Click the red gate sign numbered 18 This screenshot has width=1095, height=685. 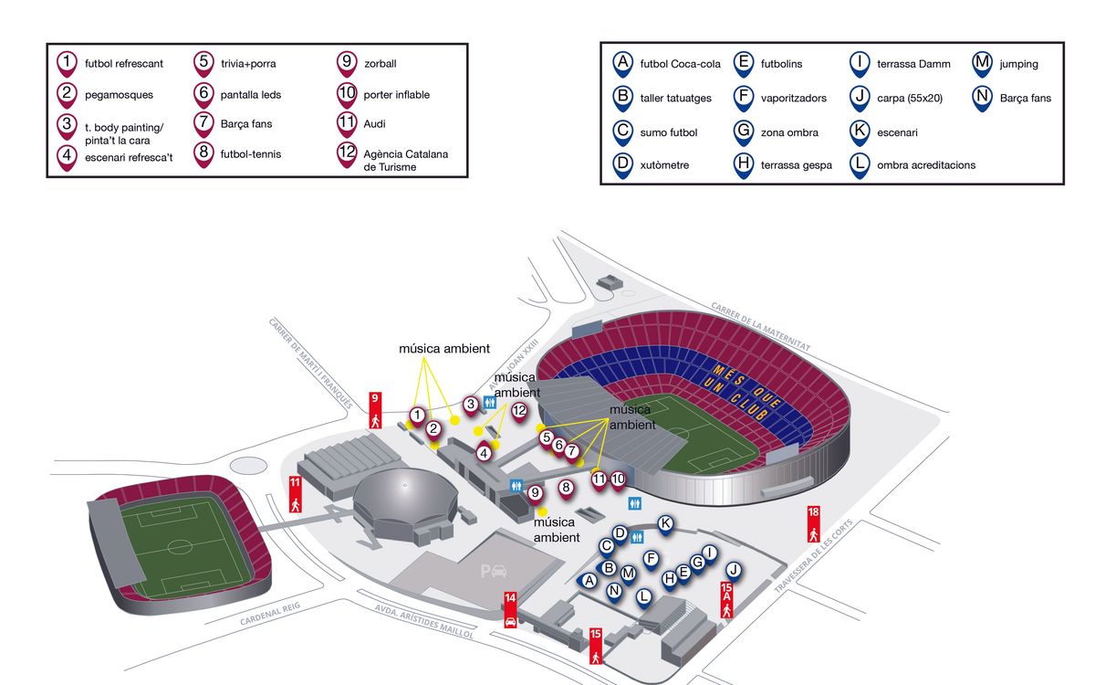pos(813,524)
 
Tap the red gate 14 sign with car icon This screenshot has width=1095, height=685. pos(510,610)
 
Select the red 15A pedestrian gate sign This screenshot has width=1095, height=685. pos(726,600)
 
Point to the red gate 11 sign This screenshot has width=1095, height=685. pos(295,494)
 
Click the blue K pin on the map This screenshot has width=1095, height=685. pos(665,525)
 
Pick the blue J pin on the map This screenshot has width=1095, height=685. pos(734,572)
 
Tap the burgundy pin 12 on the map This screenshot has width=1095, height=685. pos(519,412)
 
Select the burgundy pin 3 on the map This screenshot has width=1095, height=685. pos(471,406)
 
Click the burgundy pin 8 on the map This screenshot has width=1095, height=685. pos(566,489)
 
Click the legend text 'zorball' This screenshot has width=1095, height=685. pos(380,64)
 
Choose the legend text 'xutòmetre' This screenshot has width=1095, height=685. pos(664,165)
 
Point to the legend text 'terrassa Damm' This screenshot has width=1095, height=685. pos(913,64)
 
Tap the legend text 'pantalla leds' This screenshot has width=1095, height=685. pos(251,94)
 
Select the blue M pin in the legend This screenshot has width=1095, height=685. pos(982,65)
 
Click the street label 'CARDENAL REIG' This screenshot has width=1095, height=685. pos(270,614)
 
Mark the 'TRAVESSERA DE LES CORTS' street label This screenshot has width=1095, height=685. pos(813,556)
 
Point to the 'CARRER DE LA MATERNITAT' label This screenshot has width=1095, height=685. pos(761,326)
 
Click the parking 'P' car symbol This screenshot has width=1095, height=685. pos(494,571)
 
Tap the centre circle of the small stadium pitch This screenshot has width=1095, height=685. pos(180,546)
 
